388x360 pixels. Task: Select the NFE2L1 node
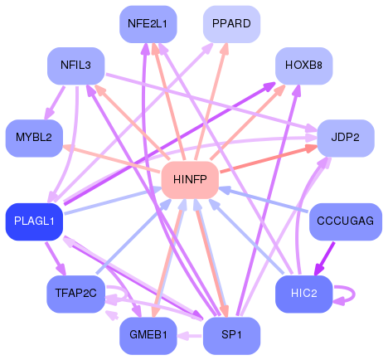(x=148, y=23)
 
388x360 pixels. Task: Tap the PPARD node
(x=232, y=23)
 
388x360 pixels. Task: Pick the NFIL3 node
(x=75, y=65)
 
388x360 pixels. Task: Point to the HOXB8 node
(x=303, y=65)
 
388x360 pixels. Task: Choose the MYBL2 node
(x=33, y=137)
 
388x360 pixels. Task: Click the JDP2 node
(x=345, y=137)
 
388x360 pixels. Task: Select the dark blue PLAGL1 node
(x=34, y=221)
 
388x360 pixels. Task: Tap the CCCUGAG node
(x=345, y=221)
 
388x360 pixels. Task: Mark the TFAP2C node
(x=75, y=293)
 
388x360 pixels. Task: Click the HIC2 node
(x=303, y=293)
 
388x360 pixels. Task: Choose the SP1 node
(x=232, y=334)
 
